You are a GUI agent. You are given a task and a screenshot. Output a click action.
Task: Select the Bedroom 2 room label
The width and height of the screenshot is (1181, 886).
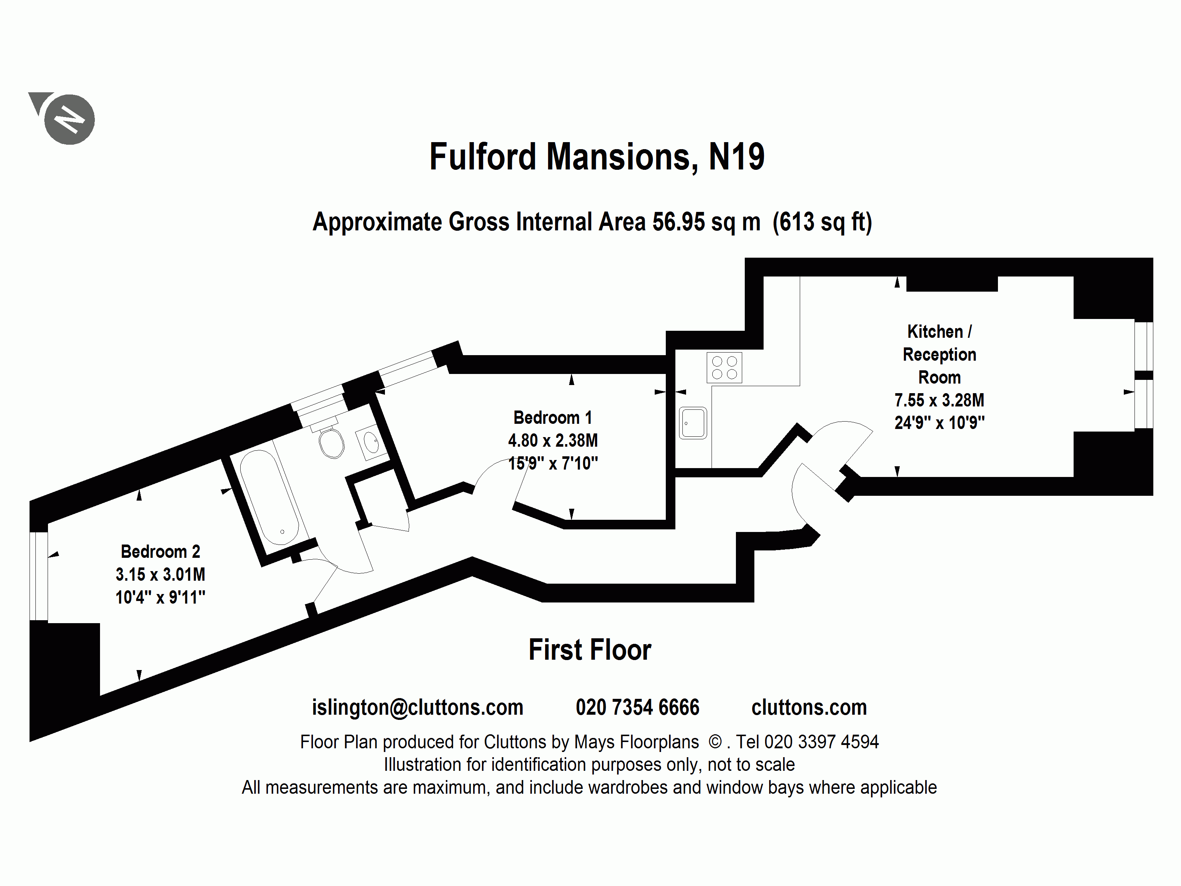(160, 551)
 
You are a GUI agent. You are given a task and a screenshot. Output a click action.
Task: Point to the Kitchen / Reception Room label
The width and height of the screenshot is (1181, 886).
(939, 354)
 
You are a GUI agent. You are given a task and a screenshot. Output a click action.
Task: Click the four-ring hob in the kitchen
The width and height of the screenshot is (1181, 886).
(724, 367)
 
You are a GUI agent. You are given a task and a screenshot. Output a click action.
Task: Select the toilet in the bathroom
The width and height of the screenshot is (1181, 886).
(331, 443)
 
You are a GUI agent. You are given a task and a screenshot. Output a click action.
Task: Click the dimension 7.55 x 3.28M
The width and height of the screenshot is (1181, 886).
(939, 400)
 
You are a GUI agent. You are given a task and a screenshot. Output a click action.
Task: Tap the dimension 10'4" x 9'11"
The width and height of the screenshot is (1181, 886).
(160, 597)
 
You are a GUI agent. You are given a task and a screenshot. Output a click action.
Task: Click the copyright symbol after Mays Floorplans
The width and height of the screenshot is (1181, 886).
(715, 742)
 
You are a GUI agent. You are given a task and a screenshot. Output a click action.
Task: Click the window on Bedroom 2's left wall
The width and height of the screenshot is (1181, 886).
(38, 576)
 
